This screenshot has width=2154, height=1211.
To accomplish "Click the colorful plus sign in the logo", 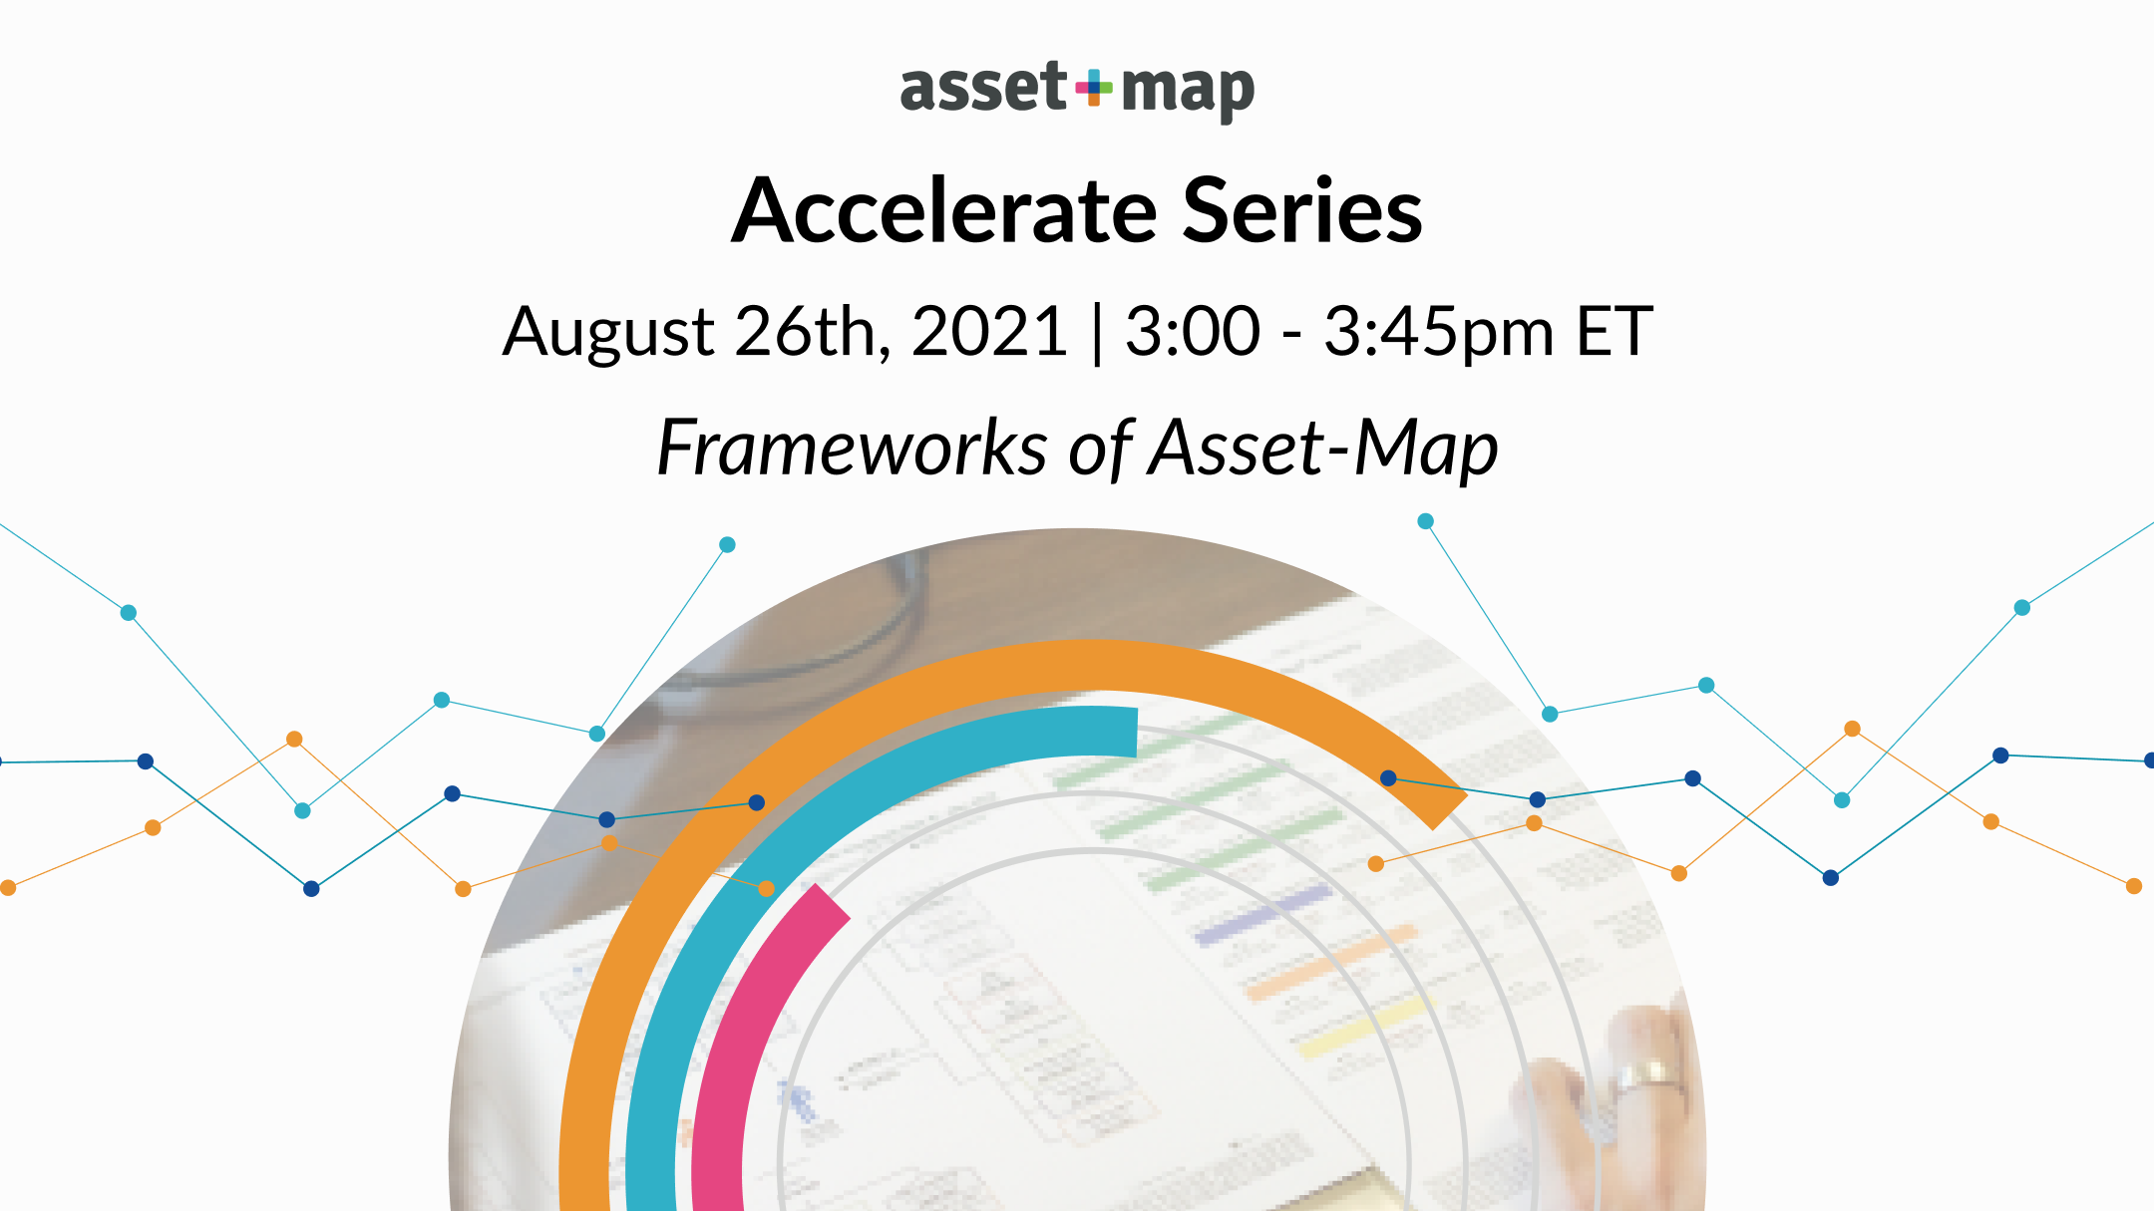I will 1094,88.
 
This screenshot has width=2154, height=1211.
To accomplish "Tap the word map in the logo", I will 1187,92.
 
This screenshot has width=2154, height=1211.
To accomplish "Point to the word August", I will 608,332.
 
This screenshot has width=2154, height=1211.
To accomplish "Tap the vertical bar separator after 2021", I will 1097,334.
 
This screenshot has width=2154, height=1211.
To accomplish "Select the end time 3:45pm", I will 1439,332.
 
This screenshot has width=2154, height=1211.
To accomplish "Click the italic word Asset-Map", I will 1323,449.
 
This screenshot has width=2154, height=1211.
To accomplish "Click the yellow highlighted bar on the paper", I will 1366,1027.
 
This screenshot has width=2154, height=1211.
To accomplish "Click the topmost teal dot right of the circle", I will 1425,521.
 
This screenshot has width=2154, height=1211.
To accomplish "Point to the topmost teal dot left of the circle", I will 727,544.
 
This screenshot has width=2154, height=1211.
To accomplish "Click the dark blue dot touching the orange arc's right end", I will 1388,777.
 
